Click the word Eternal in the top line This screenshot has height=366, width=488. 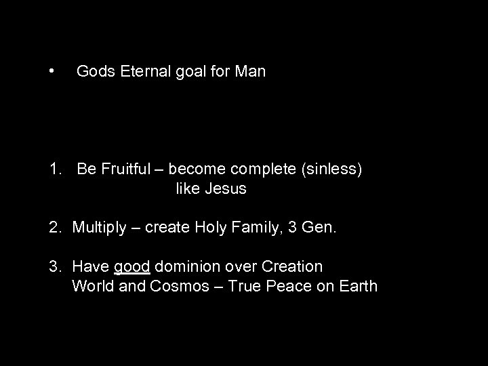pos(144,71)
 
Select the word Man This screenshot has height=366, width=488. pos(251,71)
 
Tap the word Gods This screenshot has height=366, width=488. pos(94,71)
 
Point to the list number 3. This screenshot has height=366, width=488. pos(54,266)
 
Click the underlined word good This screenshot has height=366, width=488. pos(131,267)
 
